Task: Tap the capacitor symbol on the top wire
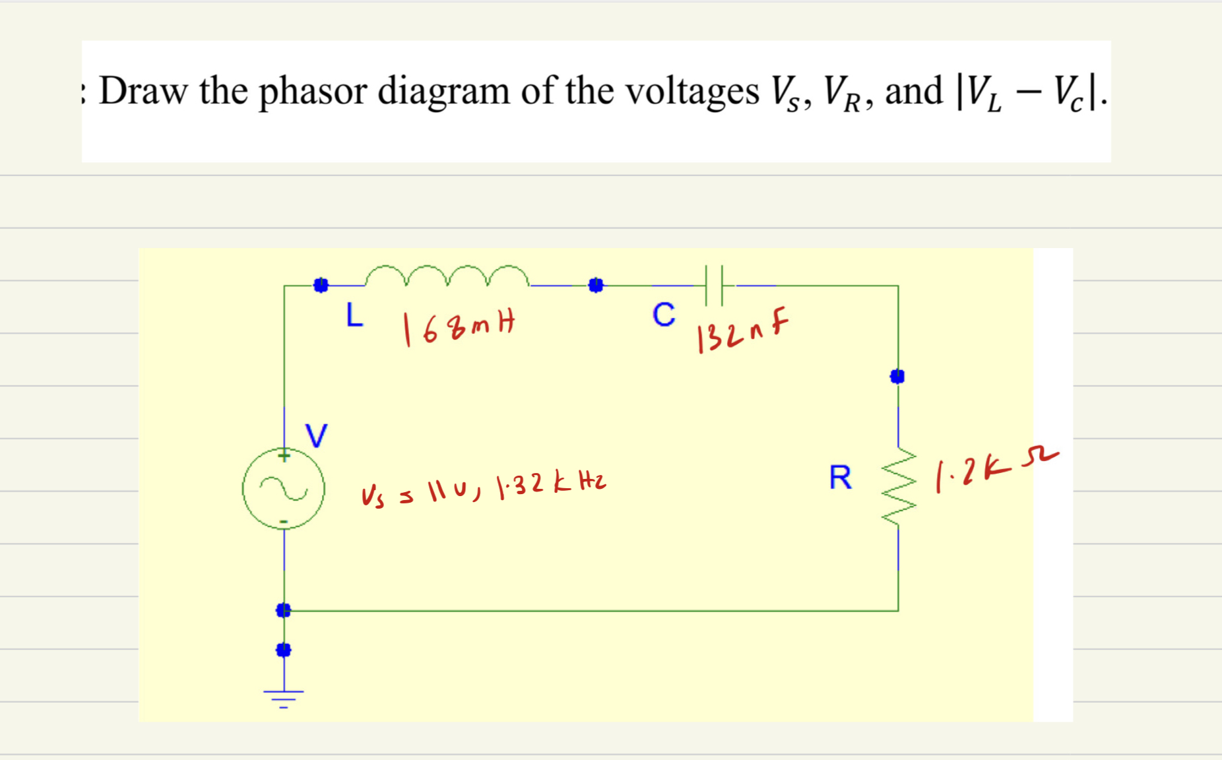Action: click(714, 286)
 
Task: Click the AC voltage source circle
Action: click(284, 488)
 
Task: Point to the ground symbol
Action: click(284, 696)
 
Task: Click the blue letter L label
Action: click(354, 315)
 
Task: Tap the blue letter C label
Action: click(664, 315)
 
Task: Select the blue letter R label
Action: click(841, 477)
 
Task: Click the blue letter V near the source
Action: click(316, 435)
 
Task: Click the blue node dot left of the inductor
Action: click(321, 285)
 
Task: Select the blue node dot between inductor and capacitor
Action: click(596, 285)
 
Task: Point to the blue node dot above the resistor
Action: click(897, 376)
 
